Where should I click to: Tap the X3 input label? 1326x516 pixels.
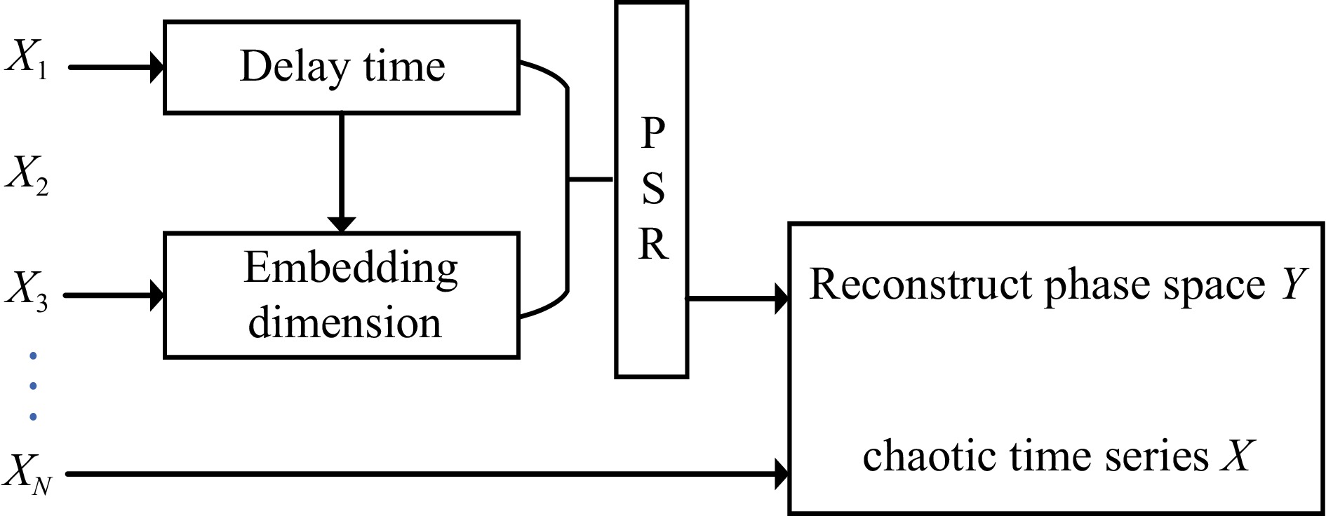coord(27,290)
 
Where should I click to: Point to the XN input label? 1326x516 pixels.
coord(28,473)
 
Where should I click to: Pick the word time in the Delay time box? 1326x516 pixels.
coord(404,67)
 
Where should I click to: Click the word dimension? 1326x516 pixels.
coord(344,322)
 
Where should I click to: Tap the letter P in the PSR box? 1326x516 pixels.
coord(652,133)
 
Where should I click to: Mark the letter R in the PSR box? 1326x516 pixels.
coord(652,245)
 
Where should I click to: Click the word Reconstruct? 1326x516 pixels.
coord(922,285)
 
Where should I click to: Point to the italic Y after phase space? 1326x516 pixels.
coord(1294,284)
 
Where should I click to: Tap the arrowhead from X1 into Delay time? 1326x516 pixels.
coord(157,68)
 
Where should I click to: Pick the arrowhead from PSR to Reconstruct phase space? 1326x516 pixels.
coord(782,299)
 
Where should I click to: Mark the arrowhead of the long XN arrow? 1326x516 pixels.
coord(782,475)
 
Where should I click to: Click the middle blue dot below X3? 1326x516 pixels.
coord(33,386)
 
